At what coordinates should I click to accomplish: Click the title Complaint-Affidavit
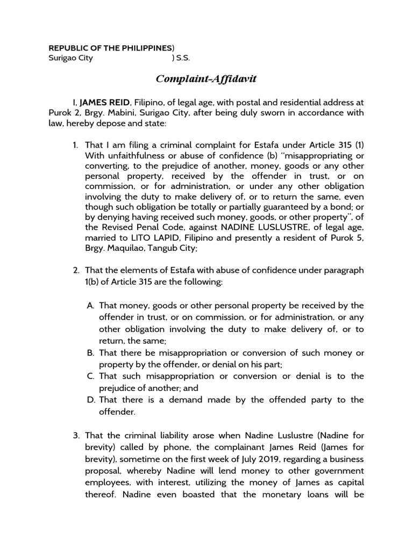[199, 79]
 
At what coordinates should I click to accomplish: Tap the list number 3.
[75, 435]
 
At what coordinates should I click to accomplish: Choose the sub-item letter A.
[90, 306]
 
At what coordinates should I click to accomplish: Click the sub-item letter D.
[90, 400]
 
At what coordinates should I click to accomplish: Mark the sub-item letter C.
[90, 376]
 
